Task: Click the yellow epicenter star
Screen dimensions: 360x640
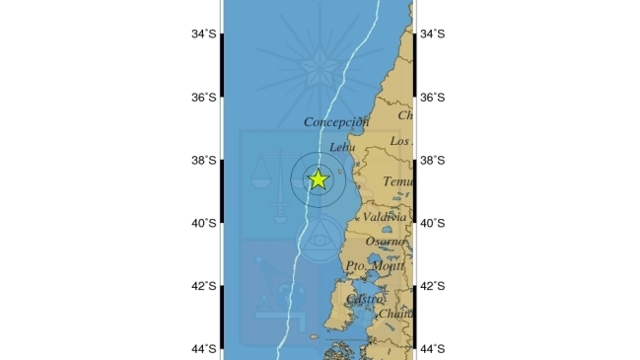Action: (x=318, y=179)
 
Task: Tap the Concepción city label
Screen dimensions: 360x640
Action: (x=336, y=122)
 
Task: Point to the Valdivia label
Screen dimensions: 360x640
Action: (x=385, y=216)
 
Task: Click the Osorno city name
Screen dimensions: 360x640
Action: (x=386, y=242)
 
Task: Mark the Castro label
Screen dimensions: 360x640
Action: (x=365, y=298)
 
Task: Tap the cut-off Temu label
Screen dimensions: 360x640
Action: (x=398, y=182)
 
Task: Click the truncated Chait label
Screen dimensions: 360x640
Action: (x=395, y=314)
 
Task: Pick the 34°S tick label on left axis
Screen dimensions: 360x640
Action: (x=204, y=35)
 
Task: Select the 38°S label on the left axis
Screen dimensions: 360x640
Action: (x=204, y=161)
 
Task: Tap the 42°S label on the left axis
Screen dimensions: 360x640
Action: (x=204, y=287)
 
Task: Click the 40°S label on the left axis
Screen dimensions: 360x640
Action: (x=204, y=224)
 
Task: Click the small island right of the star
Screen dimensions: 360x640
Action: (x=341, y=178)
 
